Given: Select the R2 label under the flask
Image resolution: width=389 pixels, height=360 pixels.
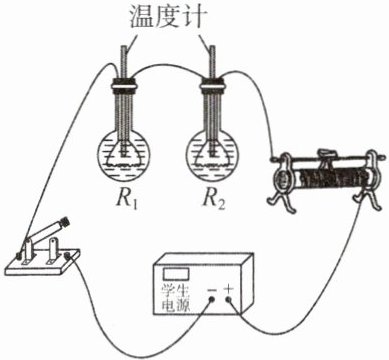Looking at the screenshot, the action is (x=214, y=199).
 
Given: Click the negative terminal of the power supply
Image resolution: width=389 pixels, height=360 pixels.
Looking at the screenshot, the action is (x=211, y=299).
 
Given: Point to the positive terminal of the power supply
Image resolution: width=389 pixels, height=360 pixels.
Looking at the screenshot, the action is (x=229, y=299).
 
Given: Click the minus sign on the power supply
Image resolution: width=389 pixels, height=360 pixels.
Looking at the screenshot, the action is (x=212, y=289).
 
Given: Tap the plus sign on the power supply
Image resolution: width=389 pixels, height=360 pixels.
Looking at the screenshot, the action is (x=228, y=288).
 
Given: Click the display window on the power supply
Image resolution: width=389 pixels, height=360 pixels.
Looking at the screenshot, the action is (x=176, y=274).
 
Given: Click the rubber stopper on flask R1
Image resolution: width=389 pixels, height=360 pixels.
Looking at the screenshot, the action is (x=123, y=84).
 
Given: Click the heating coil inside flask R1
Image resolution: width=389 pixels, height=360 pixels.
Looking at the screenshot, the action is (x=123, y=158).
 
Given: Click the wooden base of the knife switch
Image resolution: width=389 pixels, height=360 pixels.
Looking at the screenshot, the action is (x=43, y=264).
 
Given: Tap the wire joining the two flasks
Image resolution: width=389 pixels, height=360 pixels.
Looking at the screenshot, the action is (x=167, y=67).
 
